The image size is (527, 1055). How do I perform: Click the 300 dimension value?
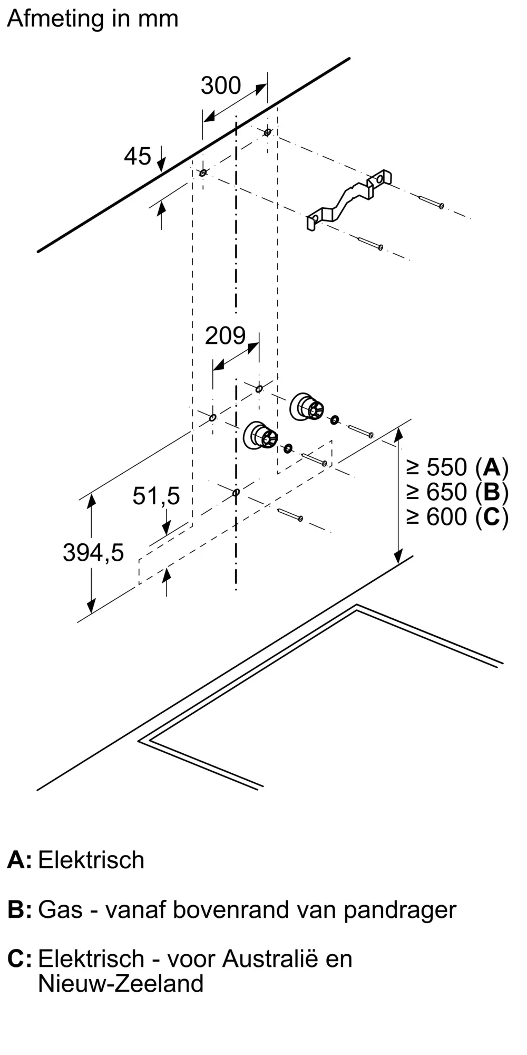coord(221,85)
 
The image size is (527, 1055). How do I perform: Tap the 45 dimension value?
coord(138,156)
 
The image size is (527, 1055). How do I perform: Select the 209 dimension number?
coord(225,335)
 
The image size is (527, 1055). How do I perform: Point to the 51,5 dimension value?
coord(156,496)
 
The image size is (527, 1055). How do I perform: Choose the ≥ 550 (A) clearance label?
coord(457,467)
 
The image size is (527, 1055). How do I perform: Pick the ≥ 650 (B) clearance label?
coord(457,492)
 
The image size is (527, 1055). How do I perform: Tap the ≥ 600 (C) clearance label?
coord(457,516)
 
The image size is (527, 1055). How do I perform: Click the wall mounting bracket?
coord(349,200)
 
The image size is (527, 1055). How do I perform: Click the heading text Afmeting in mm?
coord(93,19)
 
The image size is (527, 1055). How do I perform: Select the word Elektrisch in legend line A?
coord(91,860)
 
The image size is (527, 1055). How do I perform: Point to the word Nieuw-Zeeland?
coord(121,983)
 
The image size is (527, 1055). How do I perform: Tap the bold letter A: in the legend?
coord(19,860)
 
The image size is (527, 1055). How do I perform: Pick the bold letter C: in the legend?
coord(19,958)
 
